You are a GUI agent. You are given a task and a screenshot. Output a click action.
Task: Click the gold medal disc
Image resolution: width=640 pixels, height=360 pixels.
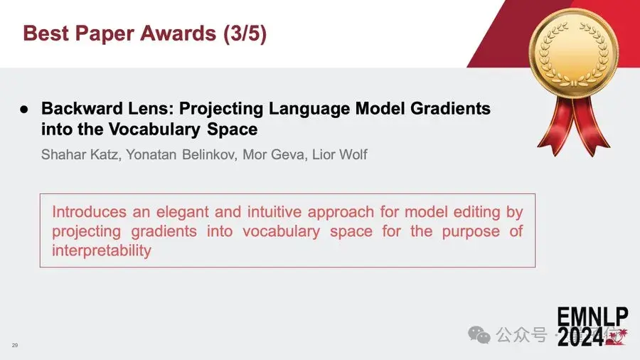click(573, 53)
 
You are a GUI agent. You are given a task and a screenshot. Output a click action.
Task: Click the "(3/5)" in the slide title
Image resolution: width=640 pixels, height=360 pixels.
click(245, 33)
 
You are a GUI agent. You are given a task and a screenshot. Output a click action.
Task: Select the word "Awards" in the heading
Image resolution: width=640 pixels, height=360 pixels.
click(178, 33)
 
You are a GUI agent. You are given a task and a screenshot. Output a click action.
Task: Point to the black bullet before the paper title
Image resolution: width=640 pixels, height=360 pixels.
click(24, 110)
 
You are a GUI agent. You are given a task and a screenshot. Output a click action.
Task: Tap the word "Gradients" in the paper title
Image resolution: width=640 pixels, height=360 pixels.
click(451, 109)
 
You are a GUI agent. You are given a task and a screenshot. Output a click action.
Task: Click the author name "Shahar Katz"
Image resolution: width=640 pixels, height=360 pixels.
click(81, 154)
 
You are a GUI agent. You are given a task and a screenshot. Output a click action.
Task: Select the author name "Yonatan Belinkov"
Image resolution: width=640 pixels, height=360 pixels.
click(181, 154)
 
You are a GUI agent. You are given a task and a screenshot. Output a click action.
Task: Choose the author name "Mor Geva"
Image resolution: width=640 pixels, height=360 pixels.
click(274, 154)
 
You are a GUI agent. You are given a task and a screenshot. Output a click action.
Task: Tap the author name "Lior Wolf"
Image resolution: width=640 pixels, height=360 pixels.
click(340, 154)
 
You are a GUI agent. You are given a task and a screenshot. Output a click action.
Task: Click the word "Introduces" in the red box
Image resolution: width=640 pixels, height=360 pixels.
click(89, 212)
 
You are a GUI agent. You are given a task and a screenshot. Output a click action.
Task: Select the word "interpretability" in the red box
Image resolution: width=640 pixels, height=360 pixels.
click(101, 250)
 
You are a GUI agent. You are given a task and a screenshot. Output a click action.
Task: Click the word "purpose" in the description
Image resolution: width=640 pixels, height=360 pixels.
click(471, 232)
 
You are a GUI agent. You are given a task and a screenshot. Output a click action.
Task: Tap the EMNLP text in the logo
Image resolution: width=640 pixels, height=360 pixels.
click(592, 317)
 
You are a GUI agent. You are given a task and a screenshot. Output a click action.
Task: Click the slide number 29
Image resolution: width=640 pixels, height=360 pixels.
click(15, 345)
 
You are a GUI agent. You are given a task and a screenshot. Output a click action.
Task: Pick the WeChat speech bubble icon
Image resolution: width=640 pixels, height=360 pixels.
click(479, 335)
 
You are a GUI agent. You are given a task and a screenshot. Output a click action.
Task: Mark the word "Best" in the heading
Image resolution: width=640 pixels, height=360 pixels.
click(46, 33)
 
